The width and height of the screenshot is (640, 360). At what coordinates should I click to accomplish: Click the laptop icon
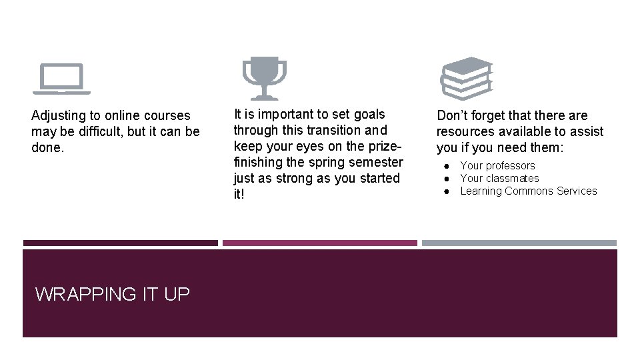[61, 78]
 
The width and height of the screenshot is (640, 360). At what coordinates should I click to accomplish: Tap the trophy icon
[264, 77]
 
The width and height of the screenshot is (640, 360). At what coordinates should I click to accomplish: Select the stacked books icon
[467, 78]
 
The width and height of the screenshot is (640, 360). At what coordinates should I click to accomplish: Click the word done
[47, 147]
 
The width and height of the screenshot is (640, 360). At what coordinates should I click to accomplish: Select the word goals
[369, 115]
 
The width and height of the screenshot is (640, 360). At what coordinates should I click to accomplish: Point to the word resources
[467, 132]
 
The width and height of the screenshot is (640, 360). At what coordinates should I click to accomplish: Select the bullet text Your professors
[497, 165]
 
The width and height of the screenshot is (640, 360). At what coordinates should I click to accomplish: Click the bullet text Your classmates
[499, 178]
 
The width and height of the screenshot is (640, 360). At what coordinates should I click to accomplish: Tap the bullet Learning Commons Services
[529, 191]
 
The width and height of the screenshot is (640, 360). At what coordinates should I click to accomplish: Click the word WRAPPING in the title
[86, 294]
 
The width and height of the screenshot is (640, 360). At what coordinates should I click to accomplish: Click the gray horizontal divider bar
[519, 243]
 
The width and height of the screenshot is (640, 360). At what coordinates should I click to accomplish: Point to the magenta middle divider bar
[320, 243]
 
